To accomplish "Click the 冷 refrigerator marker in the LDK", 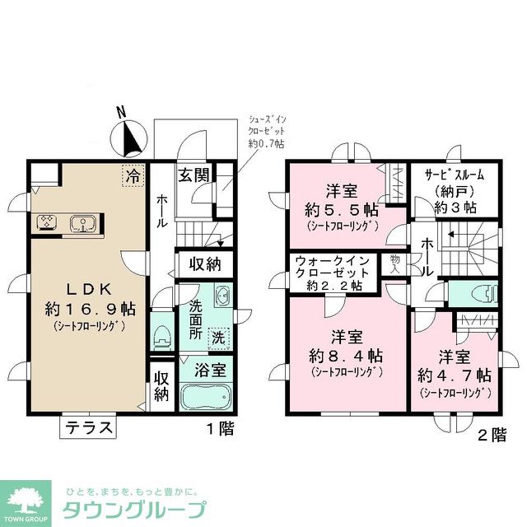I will (131, 175).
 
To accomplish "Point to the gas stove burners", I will (46, 222).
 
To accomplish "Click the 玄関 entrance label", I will (195, 175).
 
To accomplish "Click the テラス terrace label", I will (90, 428).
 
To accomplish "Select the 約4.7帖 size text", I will (454, 375).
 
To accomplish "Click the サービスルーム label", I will (455, 175).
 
